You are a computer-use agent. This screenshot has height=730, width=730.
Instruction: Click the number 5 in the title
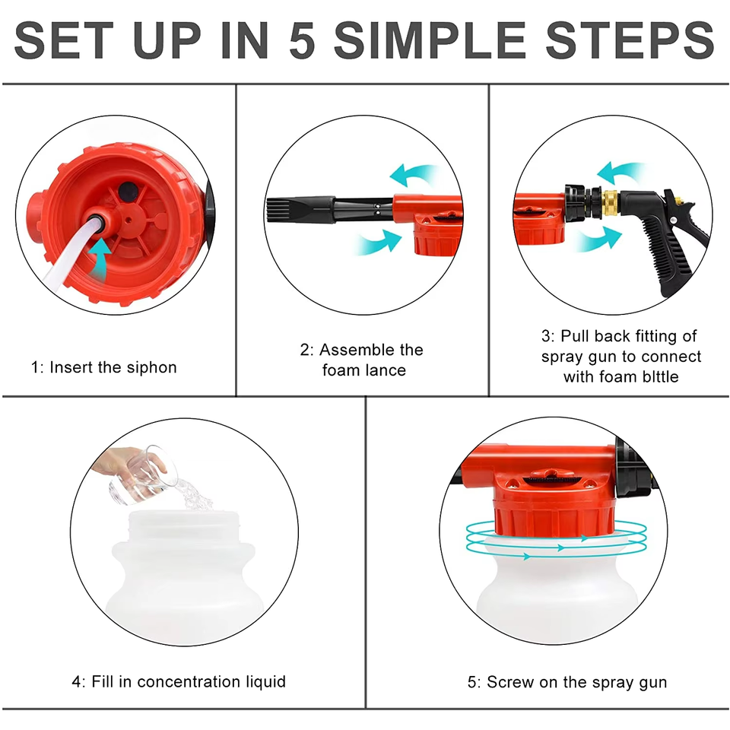coord(302,40)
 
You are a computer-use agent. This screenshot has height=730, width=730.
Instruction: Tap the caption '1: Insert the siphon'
coord(104,367)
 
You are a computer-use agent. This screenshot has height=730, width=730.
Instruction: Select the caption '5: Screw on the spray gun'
coord(567,683)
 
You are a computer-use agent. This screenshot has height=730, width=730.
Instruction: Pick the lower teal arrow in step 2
coord(379,242)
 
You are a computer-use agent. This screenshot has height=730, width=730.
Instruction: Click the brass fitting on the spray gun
coord(609,203)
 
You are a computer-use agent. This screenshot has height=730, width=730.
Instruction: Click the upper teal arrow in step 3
coord(620,173)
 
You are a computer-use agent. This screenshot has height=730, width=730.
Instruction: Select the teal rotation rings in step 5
coord(557,540)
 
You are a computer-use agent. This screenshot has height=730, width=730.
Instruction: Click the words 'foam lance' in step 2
coord(364,370)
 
